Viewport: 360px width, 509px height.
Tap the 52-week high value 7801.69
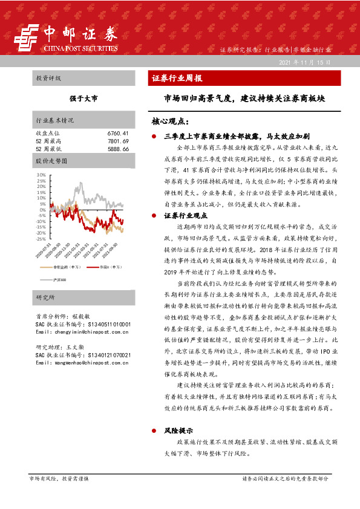(x=117, y=140)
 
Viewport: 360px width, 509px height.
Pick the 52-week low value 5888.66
(x=117, y=148)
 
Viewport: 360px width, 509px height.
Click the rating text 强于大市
(x=83, y=98)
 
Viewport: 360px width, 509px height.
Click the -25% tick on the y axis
(x=42, y=239)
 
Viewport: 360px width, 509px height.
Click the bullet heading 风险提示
(x=178, y=431)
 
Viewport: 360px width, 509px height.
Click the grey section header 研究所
(x=45, y=299)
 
